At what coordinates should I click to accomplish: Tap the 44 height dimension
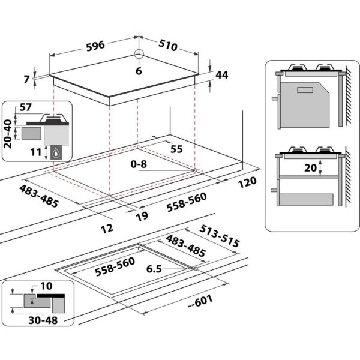coord(221,75)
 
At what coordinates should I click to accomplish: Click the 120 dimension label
coord(245,181)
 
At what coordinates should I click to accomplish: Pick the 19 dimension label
coord(142,217)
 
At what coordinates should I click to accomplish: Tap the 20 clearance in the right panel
coord(311,169)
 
